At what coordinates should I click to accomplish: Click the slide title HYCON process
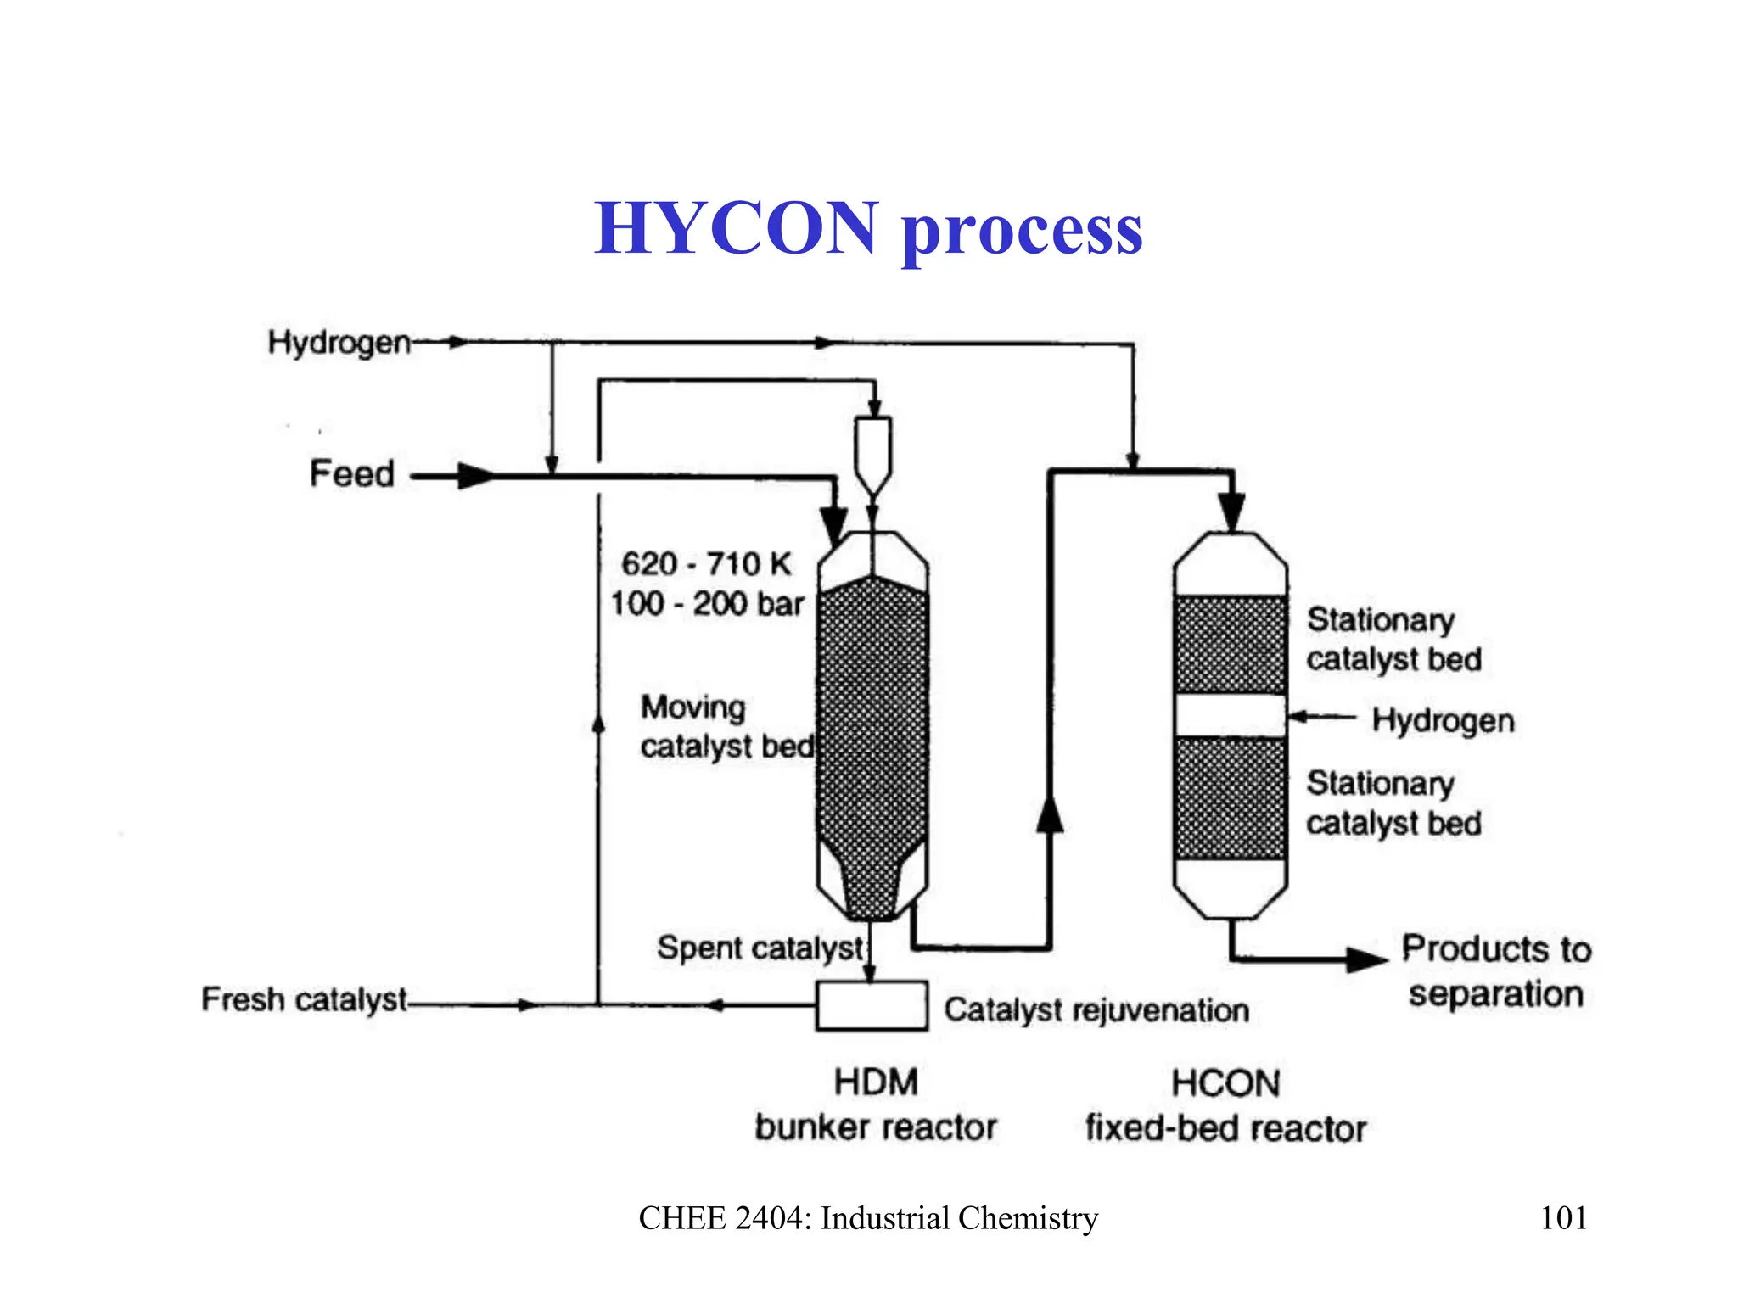tap(868, 229)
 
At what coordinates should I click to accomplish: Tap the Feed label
tap(351, 473)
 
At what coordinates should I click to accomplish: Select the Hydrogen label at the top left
tap(339, 343)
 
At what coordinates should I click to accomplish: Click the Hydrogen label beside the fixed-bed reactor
tap(1443, 720)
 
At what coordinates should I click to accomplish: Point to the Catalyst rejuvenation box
tap(872, 1005)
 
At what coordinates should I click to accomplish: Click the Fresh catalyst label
tap(304, 999)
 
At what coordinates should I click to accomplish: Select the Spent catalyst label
tap(760, 948)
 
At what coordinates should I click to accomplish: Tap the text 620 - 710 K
tap(706, 563)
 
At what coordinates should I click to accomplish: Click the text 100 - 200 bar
tap(706, 603)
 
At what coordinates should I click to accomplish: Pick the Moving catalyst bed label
tap(726, 727)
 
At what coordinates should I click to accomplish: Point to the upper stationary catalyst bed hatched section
tap(1230, 645)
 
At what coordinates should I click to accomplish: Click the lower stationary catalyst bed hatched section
tap(1230, 798)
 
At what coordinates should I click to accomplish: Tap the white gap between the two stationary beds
tap(1230, 716)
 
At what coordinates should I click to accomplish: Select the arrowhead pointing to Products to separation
tap(1367, 959)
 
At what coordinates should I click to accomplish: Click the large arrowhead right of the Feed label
tap(475, 476)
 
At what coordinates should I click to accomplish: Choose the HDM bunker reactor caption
tap(876, 1104)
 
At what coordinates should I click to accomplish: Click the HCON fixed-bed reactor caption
tap(1225, 1106)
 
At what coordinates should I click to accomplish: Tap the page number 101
tap(1563, 1218)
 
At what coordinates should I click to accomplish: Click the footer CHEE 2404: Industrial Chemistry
tap(868, 1218)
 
